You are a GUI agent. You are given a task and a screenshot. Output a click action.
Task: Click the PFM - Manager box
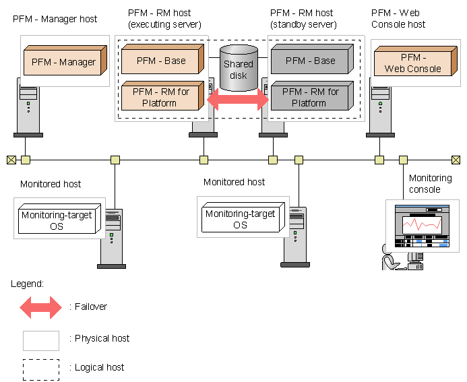coord(64,61)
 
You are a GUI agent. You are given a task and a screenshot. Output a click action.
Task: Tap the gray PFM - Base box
coord(309,61)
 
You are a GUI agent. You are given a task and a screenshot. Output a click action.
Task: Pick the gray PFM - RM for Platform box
coord(309,97)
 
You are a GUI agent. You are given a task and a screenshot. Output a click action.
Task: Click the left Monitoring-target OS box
coord(57,220)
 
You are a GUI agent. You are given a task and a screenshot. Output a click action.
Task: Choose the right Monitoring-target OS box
coord(241,219)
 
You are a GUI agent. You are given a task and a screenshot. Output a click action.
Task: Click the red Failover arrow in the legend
coord(41,307)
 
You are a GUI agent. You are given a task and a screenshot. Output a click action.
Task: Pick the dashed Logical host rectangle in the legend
coord(41,368)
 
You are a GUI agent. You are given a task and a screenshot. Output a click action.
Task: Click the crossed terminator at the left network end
coord(11,160)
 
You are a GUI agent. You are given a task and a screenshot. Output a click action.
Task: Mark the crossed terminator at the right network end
coord(456,160)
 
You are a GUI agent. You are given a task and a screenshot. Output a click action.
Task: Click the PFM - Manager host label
coord(55,19)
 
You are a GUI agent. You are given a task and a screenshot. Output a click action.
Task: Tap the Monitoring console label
coord(430,183)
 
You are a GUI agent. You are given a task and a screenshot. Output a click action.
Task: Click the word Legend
coord(27,283)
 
